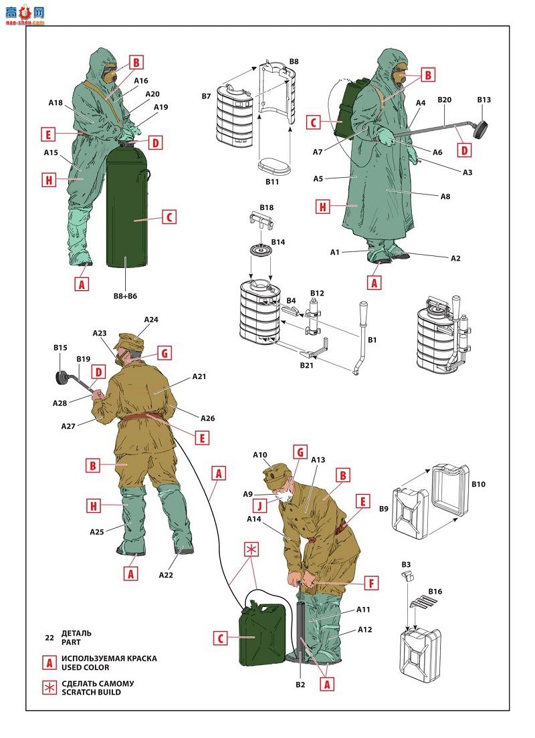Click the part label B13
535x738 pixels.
(484, 100)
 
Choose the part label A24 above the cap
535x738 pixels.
(151, 320)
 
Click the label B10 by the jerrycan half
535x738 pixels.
(478, 483)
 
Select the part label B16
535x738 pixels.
(435, 592)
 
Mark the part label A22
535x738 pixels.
(167, 574)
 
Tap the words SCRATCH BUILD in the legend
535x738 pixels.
(91, 692)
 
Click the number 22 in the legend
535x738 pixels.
(49, 638)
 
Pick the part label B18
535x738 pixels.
(267, 208)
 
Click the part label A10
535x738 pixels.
(260, 455)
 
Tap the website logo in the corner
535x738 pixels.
(23, 13)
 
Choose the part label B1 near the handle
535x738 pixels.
(372, 340)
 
